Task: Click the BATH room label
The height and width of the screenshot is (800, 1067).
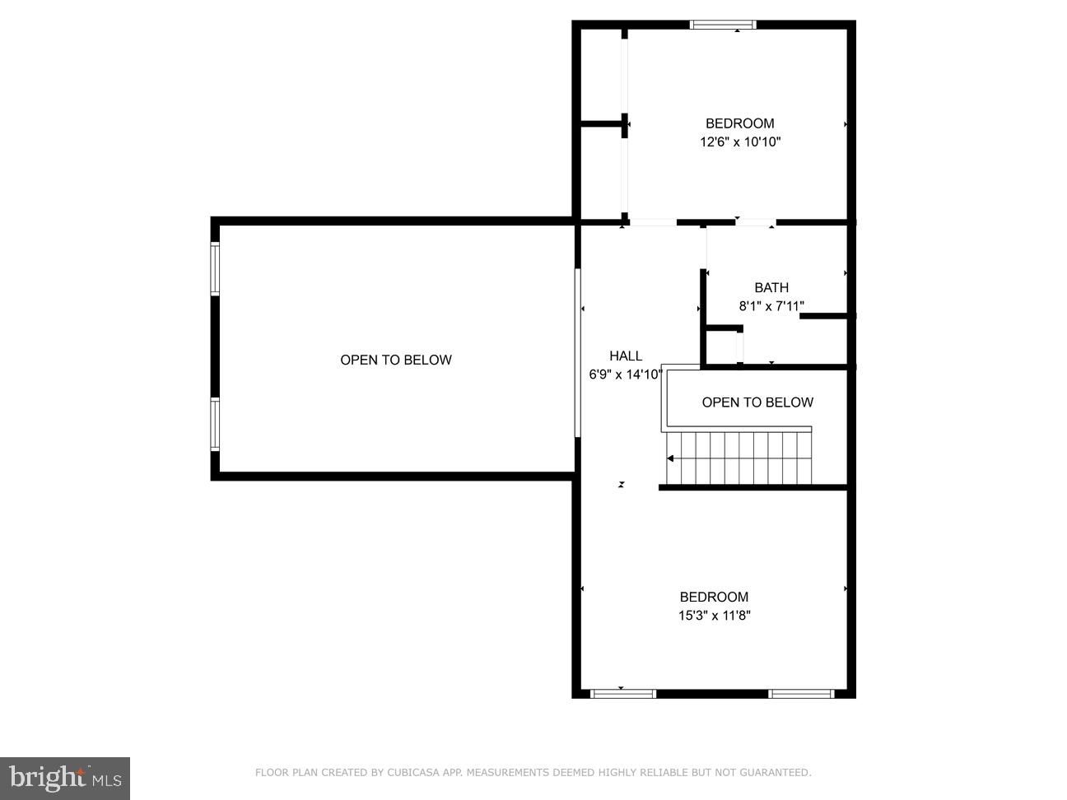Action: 771,287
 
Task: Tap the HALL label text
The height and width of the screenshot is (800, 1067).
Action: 626,356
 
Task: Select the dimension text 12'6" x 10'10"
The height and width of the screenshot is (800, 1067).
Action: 740,142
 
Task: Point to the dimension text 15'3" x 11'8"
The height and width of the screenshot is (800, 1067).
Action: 714,616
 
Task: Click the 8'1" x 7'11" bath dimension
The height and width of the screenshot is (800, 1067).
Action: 771,306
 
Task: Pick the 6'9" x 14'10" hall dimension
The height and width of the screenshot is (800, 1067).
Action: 626,374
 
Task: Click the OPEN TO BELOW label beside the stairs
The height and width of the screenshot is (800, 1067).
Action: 757,402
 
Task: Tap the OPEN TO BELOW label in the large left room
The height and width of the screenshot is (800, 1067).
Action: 396,360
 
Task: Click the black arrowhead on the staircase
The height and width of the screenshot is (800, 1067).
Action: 670,458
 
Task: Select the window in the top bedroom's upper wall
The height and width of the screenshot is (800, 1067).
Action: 723,25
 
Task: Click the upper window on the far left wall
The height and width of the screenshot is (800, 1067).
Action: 215,268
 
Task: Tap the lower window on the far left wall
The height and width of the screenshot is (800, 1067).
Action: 215,424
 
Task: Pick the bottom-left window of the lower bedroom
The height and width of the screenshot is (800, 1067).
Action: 623,694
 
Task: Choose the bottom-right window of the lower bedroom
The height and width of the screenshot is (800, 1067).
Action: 801,694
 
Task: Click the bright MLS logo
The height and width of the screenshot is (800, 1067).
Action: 65,778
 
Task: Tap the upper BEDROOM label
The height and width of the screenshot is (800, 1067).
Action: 740,123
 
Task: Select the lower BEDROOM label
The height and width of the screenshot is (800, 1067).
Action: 714,597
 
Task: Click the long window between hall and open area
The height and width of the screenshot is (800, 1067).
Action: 578,352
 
